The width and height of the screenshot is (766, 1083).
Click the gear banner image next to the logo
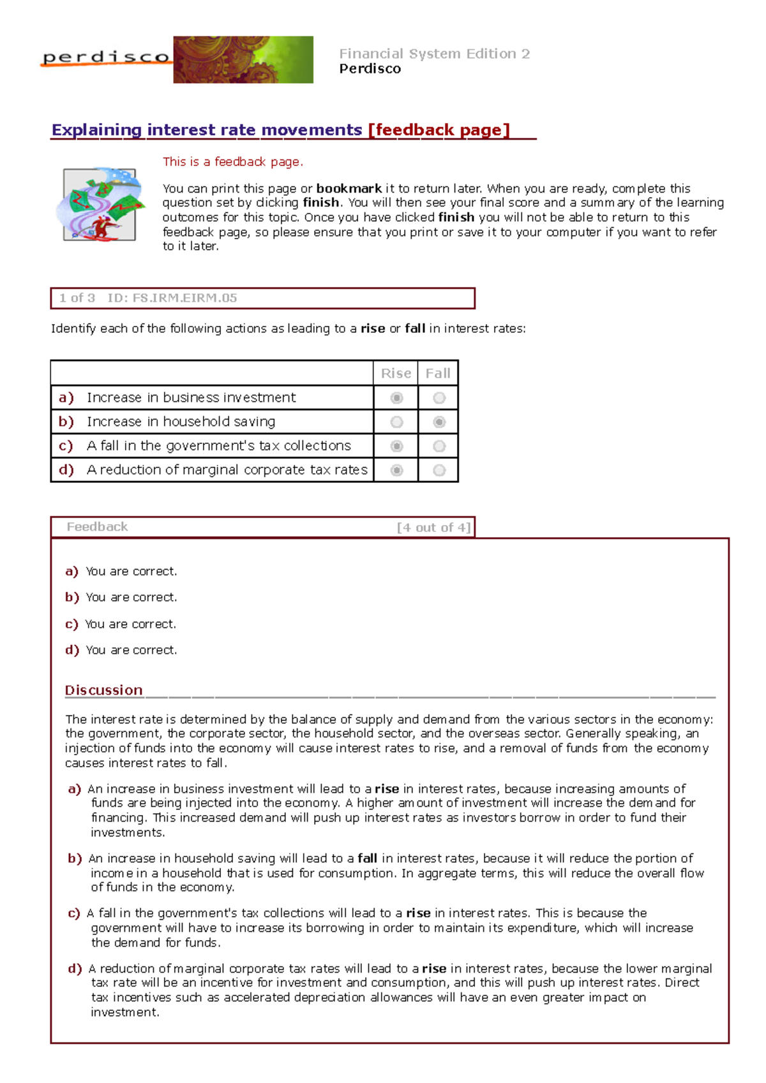(x=243, y=60)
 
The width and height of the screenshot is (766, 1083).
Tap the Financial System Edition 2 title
(x=434, y=54)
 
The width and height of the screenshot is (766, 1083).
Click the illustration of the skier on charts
(x=99, y=204)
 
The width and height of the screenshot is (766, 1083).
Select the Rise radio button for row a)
(x=396, y=398)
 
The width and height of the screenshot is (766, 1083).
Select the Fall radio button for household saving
(x=439, y=422)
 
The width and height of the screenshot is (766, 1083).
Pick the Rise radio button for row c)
(x=396, y=446)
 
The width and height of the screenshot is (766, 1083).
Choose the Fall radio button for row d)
(x=439, y=471)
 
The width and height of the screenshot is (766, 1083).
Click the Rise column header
(x=396, y=374)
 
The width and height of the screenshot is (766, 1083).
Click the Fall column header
(x=438, y=374)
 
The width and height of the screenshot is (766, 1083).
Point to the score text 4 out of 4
(x=433, y=527)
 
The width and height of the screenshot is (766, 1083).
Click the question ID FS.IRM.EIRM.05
(x=172, y=298)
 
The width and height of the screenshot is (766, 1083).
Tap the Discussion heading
(x=103, y=690)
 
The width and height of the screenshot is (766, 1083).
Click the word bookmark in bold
(x=349, y=189)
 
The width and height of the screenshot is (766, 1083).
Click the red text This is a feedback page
(x=233, y=162)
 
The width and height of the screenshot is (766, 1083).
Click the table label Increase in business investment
(x=191, y=398)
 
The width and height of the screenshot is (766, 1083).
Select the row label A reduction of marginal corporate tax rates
(x=227, y=470)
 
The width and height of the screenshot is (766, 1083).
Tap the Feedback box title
(x=97, y=527)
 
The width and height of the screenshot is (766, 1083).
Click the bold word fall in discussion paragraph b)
(x=367, y=858)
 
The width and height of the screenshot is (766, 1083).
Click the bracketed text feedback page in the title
(x=439, y=130)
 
